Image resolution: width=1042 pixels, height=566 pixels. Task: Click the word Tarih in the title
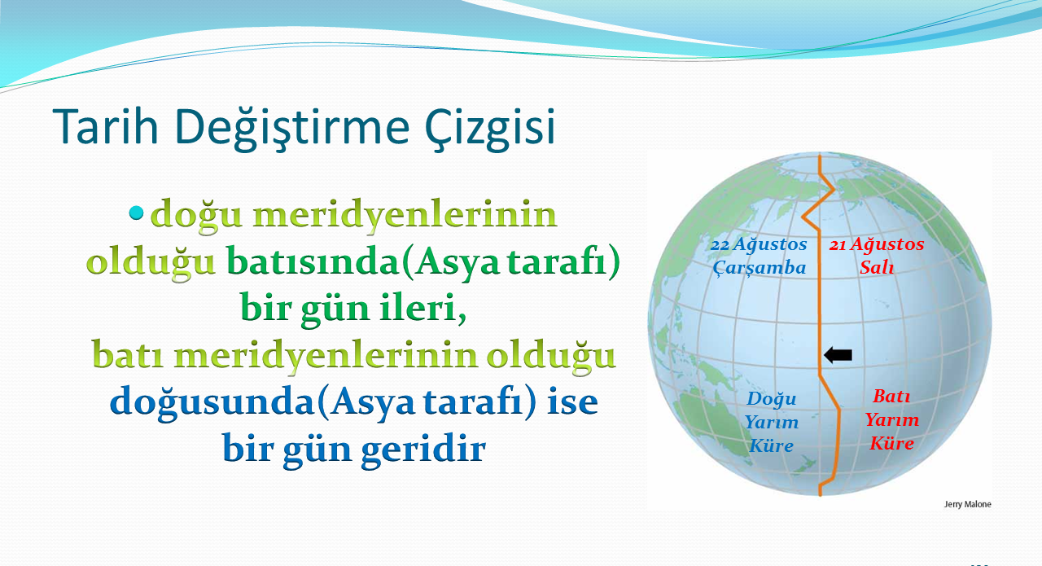coord(106,125)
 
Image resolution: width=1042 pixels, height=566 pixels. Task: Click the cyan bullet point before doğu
coord(136,213)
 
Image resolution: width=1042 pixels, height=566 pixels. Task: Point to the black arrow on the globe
coord(838,355)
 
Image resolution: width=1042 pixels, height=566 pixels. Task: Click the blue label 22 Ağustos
coord(759,244)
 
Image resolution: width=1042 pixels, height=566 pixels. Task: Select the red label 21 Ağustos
coord(877,244)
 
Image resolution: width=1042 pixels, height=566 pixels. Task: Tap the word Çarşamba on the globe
coord(760,268)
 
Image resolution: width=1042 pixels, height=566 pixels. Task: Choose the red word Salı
coord(877,267)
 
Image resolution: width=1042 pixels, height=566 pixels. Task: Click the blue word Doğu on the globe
coord(772,399)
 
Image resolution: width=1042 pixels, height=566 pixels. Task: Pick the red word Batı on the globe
coord(891,396)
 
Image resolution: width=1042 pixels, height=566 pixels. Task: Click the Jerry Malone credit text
coord(968,504)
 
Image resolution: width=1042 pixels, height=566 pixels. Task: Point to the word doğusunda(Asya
coord(262,401)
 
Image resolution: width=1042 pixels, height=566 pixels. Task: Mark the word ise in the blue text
coord(572,401)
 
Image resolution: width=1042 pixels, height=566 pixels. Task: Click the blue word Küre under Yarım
coord(771,446)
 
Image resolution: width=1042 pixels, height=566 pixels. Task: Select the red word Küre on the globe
coord(891,443)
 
